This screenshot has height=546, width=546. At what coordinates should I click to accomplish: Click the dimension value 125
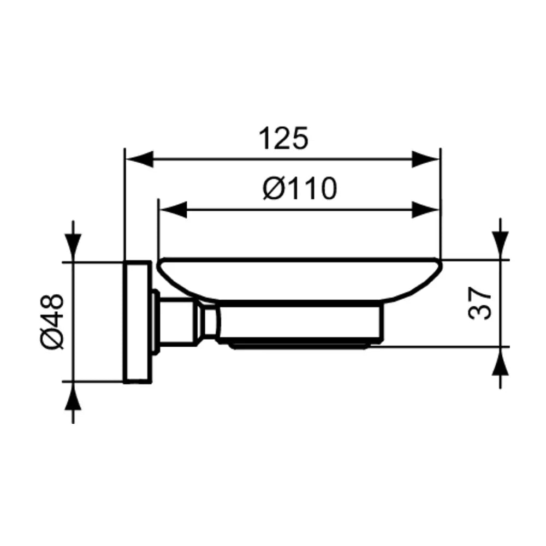coord(283,139)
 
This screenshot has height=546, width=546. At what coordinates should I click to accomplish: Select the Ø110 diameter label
coord(300,188)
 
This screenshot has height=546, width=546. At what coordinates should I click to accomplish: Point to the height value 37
coord(479,303)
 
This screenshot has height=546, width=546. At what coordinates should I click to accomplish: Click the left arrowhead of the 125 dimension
coord(139,159)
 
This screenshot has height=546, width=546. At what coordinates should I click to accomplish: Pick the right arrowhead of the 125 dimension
coord(426,159)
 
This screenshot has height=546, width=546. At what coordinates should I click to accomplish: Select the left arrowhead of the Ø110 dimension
coord(173,210)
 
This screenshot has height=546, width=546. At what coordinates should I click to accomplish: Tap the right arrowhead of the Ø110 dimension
coord(426,210)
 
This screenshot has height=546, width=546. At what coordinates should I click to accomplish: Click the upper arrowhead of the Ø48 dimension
coord(73,247)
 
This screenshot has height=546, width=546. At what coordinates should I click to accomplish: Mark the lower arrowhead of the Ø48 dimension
coord(73,396)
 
